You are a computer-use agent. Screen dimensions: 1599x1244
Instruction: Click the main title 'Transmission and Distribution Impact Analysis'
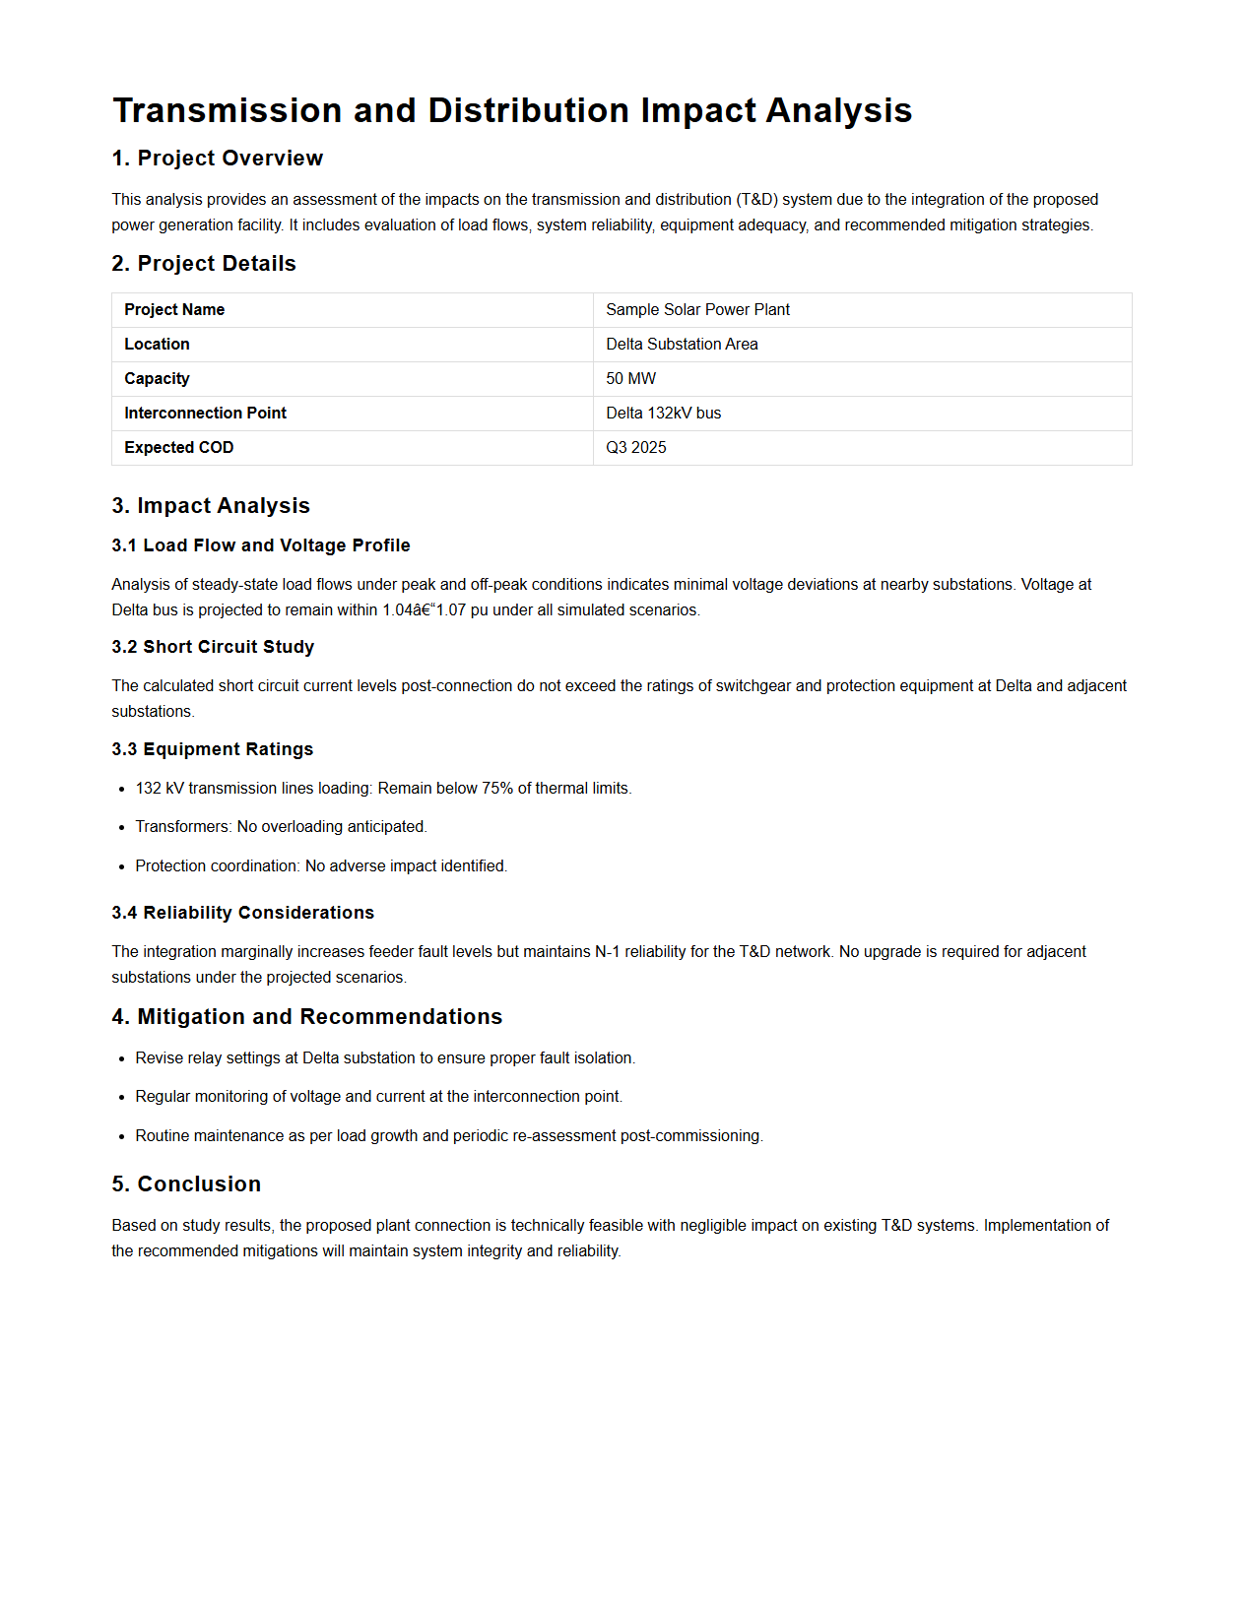point(512,110)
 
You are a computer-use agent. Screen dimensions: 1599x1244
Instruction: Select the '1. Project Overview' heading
point(217,159)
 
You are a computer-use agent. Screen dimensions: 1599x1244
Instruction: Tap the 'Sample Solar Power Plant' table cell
point(697,310)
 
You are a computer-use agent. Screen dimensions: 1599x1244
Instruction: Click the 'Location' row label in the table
point(157,345)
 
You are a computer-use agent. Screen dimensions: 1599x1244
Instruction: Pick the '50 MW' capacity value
point(630,379)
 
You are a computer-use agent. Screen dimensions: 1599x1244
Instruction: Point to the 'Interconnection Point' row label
point(205,414)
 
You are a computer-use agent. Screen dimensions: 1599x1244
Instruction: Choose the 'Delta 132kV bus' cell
point(663,414)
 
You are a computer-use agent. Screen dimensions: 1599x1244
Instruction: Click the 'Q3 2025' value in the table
point(635,448)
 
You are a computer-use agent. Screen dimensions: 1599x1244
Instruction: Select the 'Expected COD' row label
point(178,448)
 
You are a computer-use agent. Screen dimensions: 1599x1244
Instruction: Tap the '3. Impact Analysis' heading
point(211,506)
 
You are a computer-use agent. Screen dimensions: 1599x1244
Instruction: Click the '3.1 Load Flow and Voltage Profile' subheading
point(260,545)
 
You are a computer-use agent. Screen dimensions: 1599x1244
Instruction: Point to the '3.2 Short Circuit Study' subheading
point(213,647)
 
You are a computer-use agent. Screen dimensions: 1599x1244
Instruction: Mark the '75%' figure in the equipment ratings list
point(497,789)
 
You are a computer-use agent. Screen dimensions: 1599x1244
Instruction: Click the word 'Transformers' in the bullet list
point(182,827)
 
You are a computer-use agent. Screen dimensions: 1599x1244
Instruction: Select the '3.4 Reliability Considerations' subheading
point(242,913)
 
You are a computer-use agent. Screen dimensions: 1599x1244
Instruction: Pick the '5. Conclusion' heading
point(186,1184)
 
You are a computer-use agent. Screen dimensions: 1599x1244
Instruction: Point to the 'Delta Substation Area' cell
point(682,345)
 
